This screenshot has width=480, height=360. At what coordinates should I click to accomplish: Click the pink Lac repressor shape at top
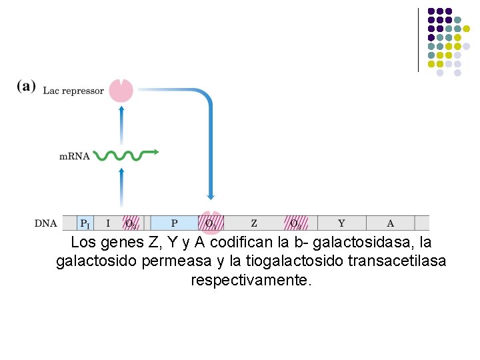point(121,90)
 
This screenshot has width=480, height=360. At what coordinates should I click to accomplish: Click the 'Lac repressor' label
point(73,91)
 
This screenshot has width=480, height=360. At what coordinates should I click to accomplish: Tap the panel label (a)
point(27,88)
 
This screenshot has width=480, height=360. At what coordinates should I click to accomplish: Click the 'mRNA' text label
point(75,157)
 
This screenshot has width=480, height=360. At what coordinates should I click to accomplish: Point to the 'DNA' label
point(46,223)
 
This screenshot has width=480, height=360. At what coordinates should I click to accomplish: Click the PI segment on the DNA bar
point(85,223)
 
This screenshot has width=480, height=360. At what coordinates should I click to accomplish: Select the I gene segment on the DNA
point(108,223)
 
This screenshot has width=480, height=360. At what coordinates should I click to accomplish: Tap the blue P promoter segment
point(174,223)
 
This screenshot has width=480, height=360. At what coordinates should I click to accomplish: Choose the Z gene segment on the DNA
point(254,223)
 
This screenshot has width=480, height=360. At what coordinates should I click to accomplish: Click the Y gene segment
point(341,223)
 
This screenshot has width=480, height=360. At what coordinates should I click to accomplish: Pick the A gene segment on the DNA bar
point(390,223)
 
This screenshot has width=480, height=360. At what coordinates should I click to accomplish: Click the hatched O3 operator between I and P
point(132,223)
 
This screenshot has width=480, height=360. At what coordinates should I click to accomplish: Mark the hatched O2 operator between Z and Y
point(295,223)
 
